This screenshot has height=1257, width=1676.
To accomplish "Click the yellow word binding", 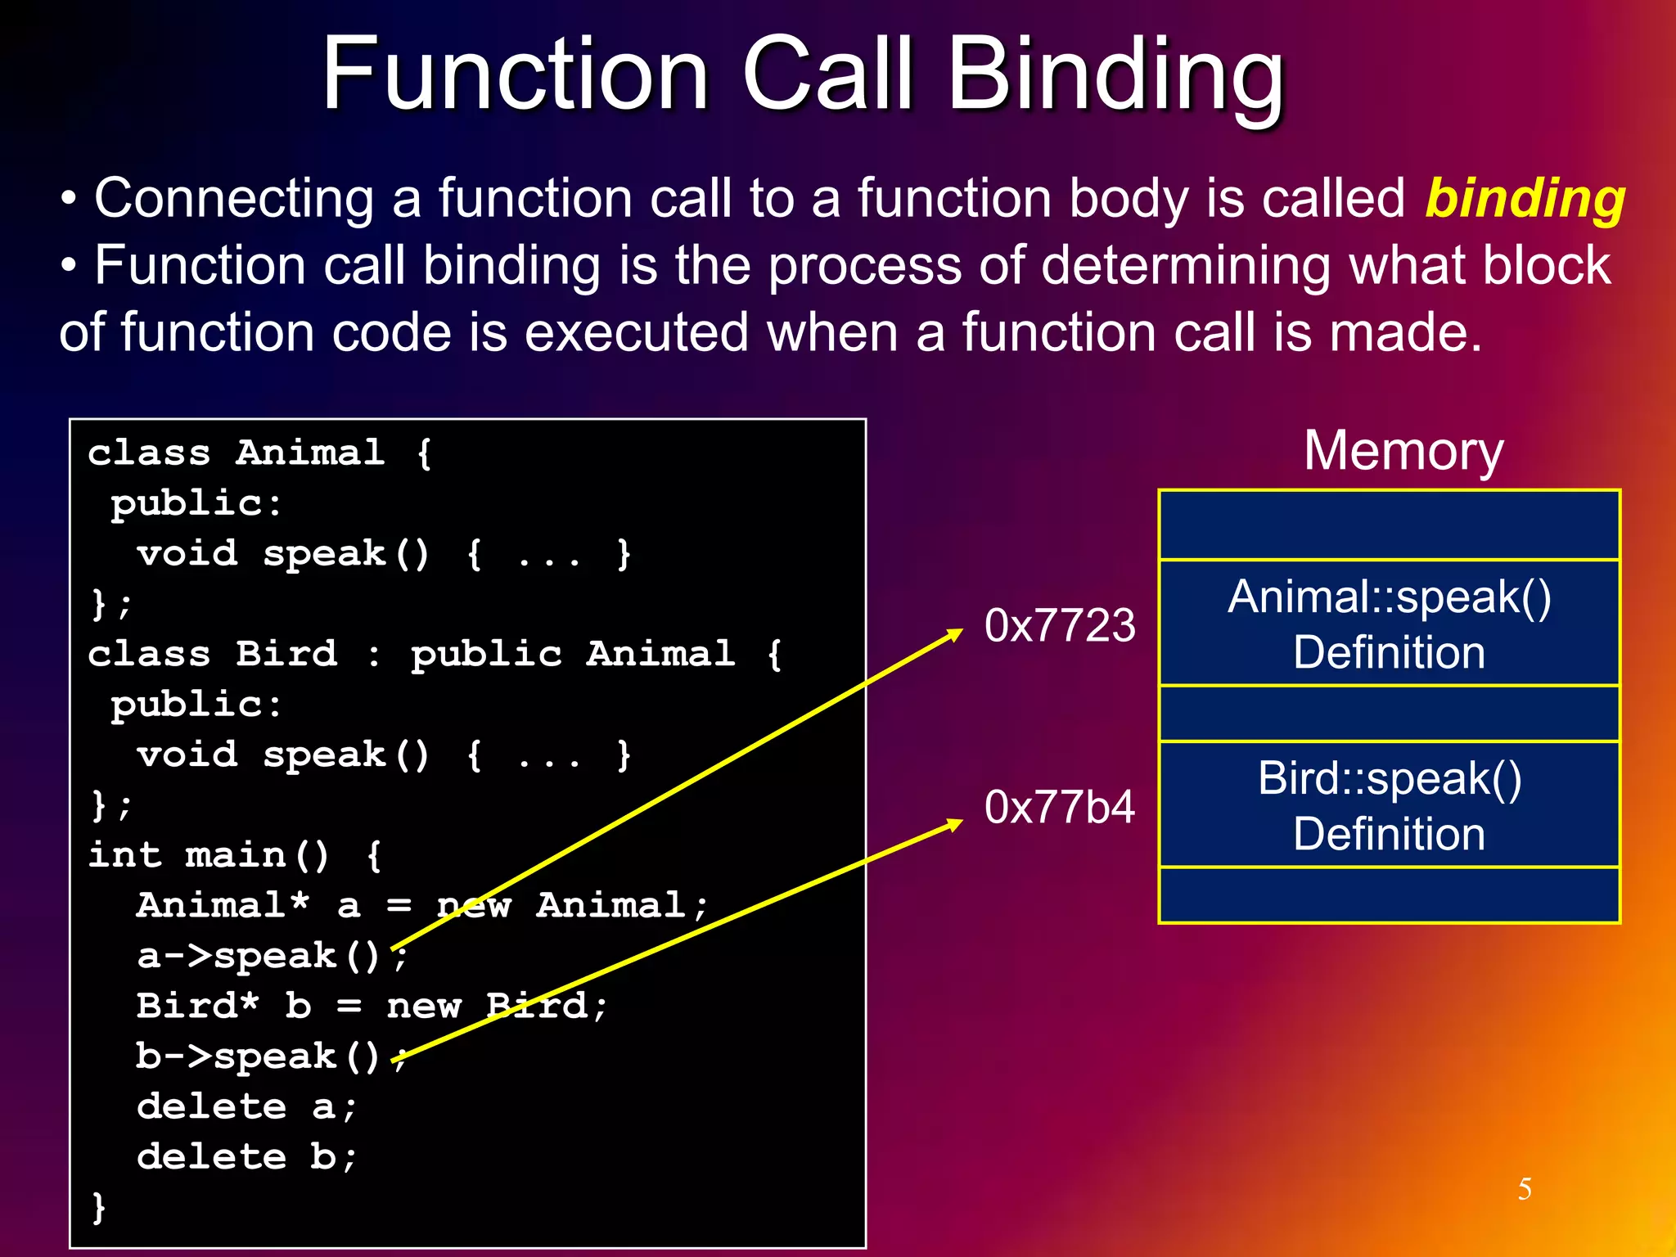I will pos(1525,200).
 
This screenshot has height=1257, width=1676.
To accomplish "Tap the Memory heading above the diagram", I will pos(1403,451).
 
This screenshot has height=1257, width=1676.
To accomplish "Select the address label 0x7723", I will pos(1060,625).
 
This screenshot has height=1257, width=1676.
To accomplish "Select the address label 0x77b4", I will pos(1060,807).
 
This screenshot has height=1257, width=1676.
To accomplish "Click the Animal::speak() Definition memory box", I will pos(1389,624).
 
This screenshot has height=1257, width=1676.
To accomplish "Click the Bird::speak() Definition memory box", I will pos(1389,805).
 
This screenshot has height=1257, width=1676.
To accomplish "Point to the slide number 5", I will pos(1525,1189).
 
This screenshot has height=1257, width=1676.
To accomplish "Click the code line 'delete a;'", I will pos(246,1107).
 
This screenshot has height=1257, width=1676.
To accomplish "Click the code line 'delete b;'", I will pos(246,1157).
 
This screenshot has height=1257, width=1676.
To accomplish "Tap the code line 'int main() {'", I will pos(234,856).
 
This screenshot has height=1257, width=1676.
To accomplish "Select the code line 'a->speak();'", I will pos(270,956).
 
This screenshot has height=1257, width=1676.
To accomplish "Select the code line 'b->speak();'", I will pos(270,1057).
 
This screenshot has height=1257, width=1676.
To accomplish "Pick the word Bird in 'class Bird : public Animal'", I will pos(286,654).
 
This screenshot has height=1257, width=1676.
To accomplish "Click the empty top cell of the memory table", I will pos(1389,525).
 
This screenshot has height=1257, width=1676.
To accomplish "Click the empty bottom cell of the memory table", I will pos(1389,895).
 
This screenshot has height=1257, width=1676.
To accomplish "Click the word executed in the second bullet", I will pos(636,333).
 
